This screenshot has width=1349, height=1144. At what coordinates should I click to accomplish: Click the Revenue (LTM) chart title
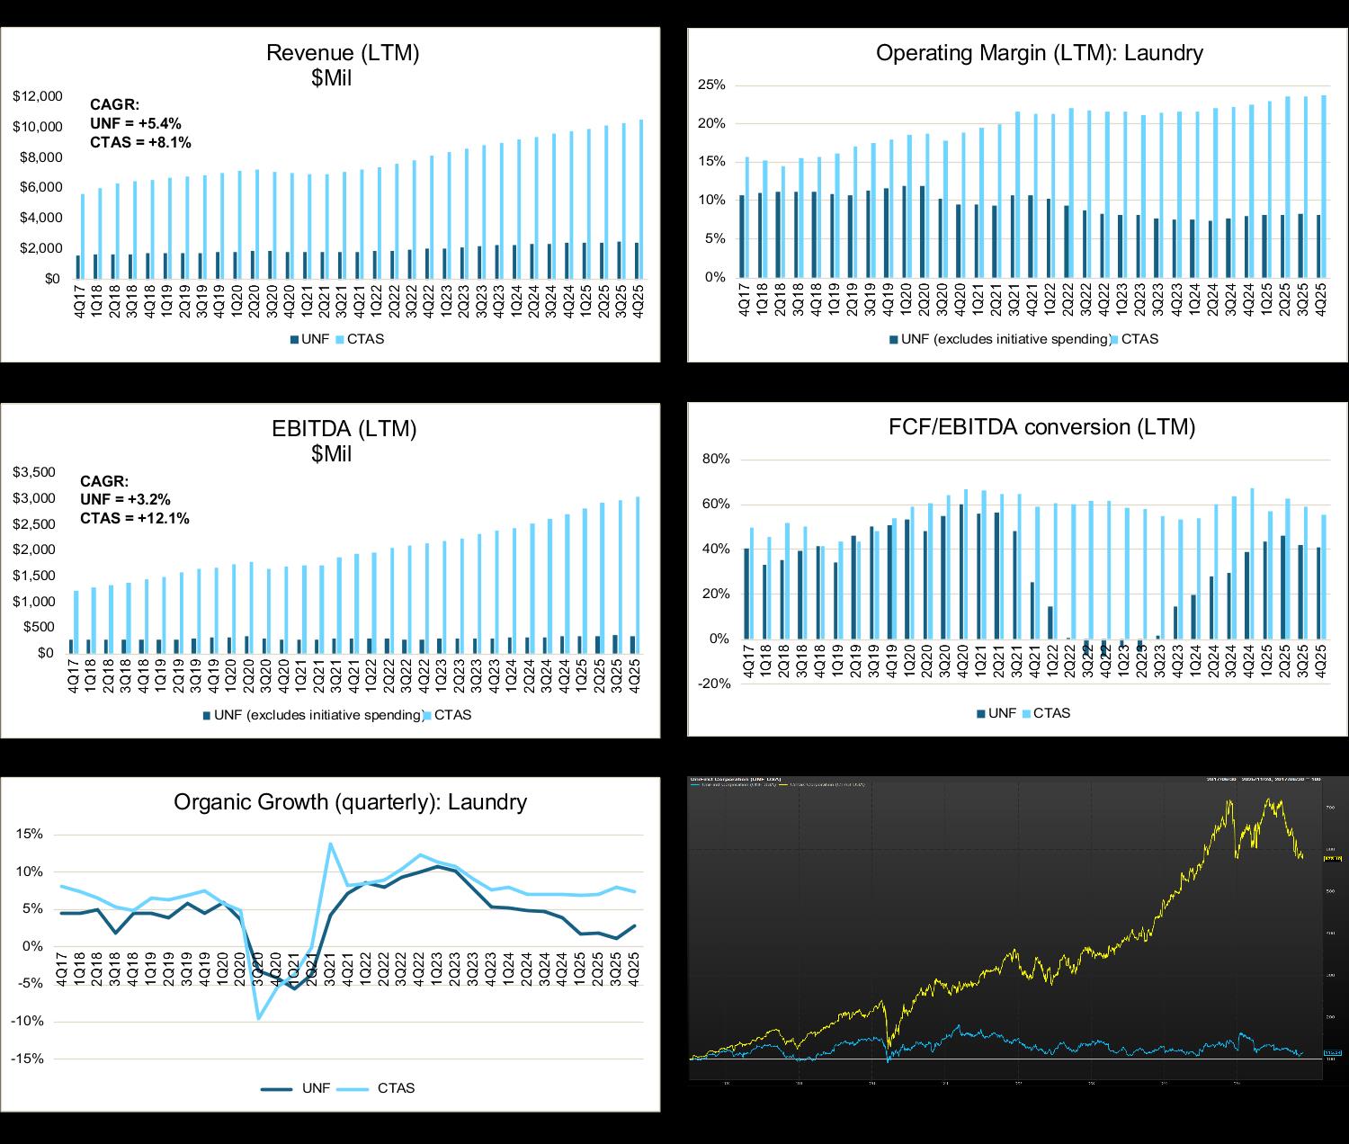pos(343,53)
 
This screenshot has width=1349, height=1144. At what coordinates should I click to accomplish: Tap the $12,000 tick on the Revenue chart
pos(38,96)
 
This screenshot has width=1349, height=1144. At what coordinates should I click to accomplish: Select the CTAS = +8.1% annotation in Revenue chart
pos(141,142)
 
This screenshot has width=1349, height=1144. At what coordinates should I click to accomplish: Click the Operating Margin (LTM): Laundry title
pos(1039,53)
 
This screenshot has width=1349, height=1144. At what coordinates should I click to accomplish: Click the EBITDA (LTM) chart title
pos(344,429)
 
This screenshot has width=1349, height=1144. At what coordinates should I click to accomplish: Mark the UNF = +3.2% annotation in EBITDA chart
pos(126,499)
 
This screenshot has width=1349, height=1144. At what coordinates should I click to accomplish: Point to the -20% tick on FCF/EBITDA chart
pos(714,684)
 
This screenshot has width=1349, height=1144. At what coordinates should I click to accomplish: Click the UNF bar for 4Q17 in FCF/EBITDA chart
pos(746,594)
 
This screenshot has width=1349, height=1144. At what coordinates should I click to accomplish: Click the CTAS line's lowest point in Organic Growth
pos(259,1018)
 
